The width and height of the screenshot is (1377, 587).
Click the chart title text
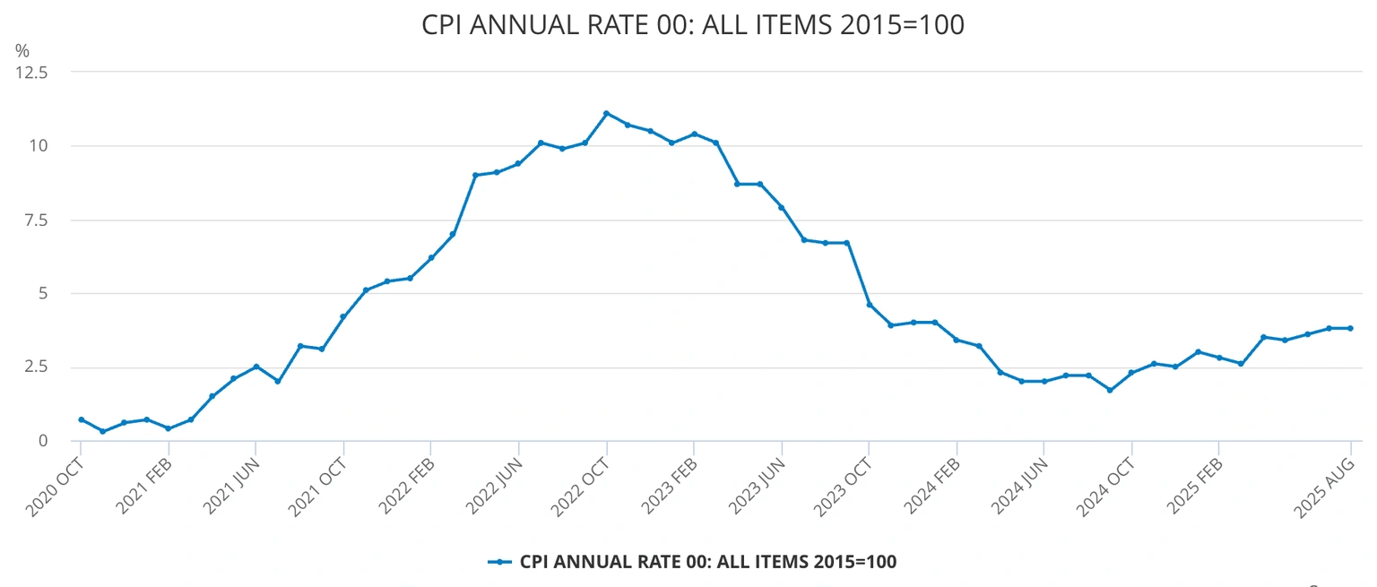pyautogui.click(x=692, y=25)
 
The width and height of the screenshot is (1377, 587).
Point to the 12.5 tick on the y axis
pyautogui.click(x=31, y=72)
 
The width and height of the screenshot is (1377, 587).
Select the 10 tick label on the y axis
pyautogui.click(x=38, y=145)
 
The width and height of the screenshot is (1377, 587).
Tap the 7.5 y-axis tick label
pyautogui.click(x=35, y=220)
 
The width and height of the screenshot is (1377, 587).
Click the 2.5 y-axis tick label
pyautogui.click(x=35, y=367)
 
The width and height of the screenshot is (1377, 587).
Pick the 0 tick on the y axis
pyautogui.click(x=42, y=440)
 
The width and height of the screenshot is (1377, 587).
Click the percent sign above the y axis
pyautogui.click(x=22, y=51)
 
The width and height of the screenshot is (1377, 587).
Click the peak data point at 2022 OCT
pyautogui.click(x=606, y=113)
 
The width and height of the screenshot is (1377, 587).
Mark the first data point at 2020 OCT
pyautogui.click(x=81, y=419)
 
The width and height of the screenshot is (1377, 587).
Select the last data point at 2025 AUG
pyautogui.click(x=1350, y=328)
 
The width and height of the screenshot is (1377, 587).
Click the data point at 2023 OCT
pyautogui.click(x=869, y=305)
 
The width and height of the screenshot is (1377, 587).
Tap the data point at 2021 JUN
pyautogui.click(x=255, y=367)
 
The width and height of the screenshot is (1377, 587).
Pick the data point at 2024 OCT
pyautogui.click(x=1131, y=373)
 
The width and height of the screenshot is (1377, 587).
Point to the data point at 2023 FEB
pyautogui.click(x=694, y=134)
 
